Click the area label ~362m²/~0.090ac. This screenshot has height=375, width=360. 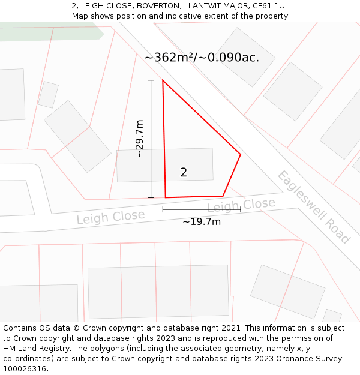202,58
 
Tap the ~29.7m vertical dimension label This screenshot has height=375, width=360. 139,139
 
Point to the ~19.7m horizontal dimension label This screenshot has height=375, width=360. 202,222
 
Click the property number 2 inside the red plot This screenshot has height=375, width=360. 184,173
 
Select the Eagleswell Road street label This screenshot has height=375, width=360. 313,207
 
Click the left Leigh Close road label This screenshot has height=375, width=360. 110,217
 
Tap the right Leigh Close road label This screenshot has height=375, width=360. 241,205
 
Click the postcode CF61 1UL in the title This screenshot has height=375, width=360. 271,6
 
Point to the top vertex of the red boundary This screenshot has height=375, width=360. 163,80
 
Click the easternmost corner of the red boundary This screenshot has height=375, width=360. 241,155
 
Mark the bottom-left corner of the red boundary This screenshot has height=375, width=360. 166,197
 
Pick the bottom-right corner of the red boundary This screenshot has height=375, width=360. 223,196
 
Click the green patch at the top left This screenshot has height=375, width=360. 48,32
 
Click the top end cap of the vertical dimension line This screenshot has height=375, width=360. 151,80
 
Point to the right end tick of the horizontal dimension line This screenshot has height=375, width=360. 241,209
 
